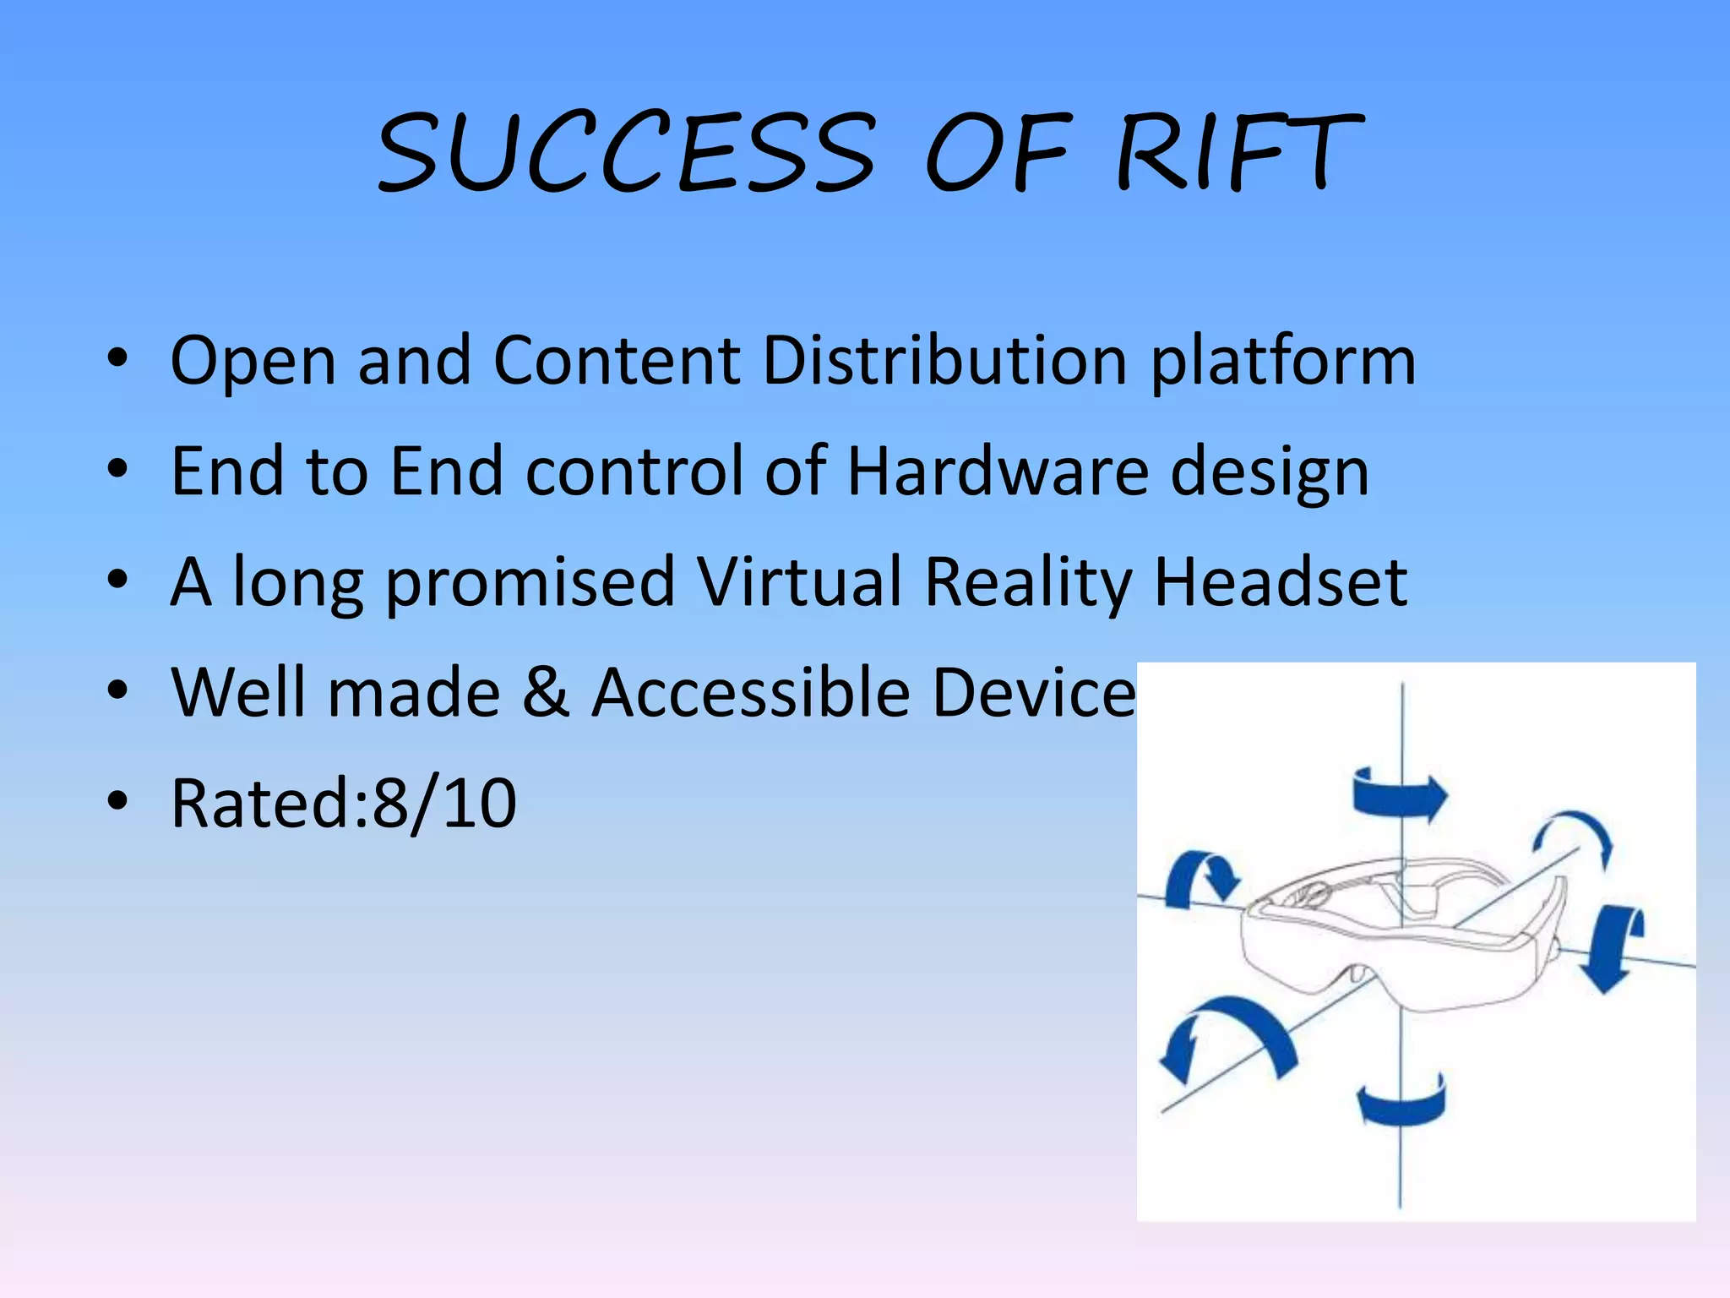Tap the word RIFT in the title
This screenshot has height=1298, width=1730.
coord(1238,152)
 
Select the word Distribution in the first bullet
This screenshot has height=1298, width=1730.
coord(944,360)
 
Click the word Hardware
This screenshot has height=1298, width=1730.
coord(998,471)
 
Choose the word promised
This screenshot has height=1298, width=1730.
coord(530,583)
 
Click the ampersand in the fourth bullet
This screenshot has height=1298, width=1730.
coord(546,692)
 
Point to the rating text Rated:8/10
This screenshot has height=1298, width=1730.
coord(343,803)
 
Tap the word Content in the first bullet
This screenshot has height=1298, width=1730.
coord(617,360)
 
